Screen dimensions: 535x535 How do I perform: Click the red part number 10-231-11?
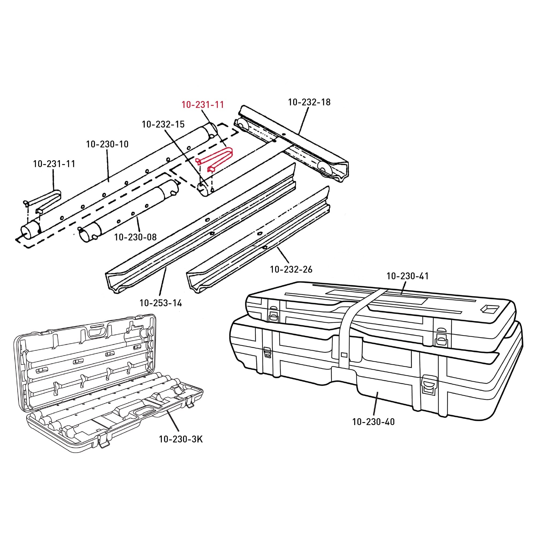pos(203,105)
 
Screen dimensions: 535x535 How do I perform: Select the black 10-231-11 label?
pos(54,164)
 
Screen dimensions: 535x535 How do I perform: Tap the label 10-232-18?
pos(309,102)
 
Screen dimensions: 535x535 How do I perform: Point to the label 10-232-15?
pos(163,124)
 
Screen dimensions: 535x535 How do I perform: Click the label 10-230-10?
pos(108,144)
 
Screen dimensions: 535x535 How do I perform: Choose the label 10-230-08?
pos(135,237)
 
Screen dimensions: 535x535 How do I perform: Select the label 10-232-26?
pos(291,269)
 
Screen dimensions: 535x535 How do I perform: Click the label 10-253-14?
pos(161,303)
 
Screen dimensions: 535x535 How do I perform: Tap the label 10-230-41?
pos(408,276)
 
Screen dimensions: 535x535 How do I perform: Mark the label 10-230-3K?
pos(181,439)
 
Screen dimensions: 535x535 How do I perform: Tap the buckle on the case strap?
pos(344,354)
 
